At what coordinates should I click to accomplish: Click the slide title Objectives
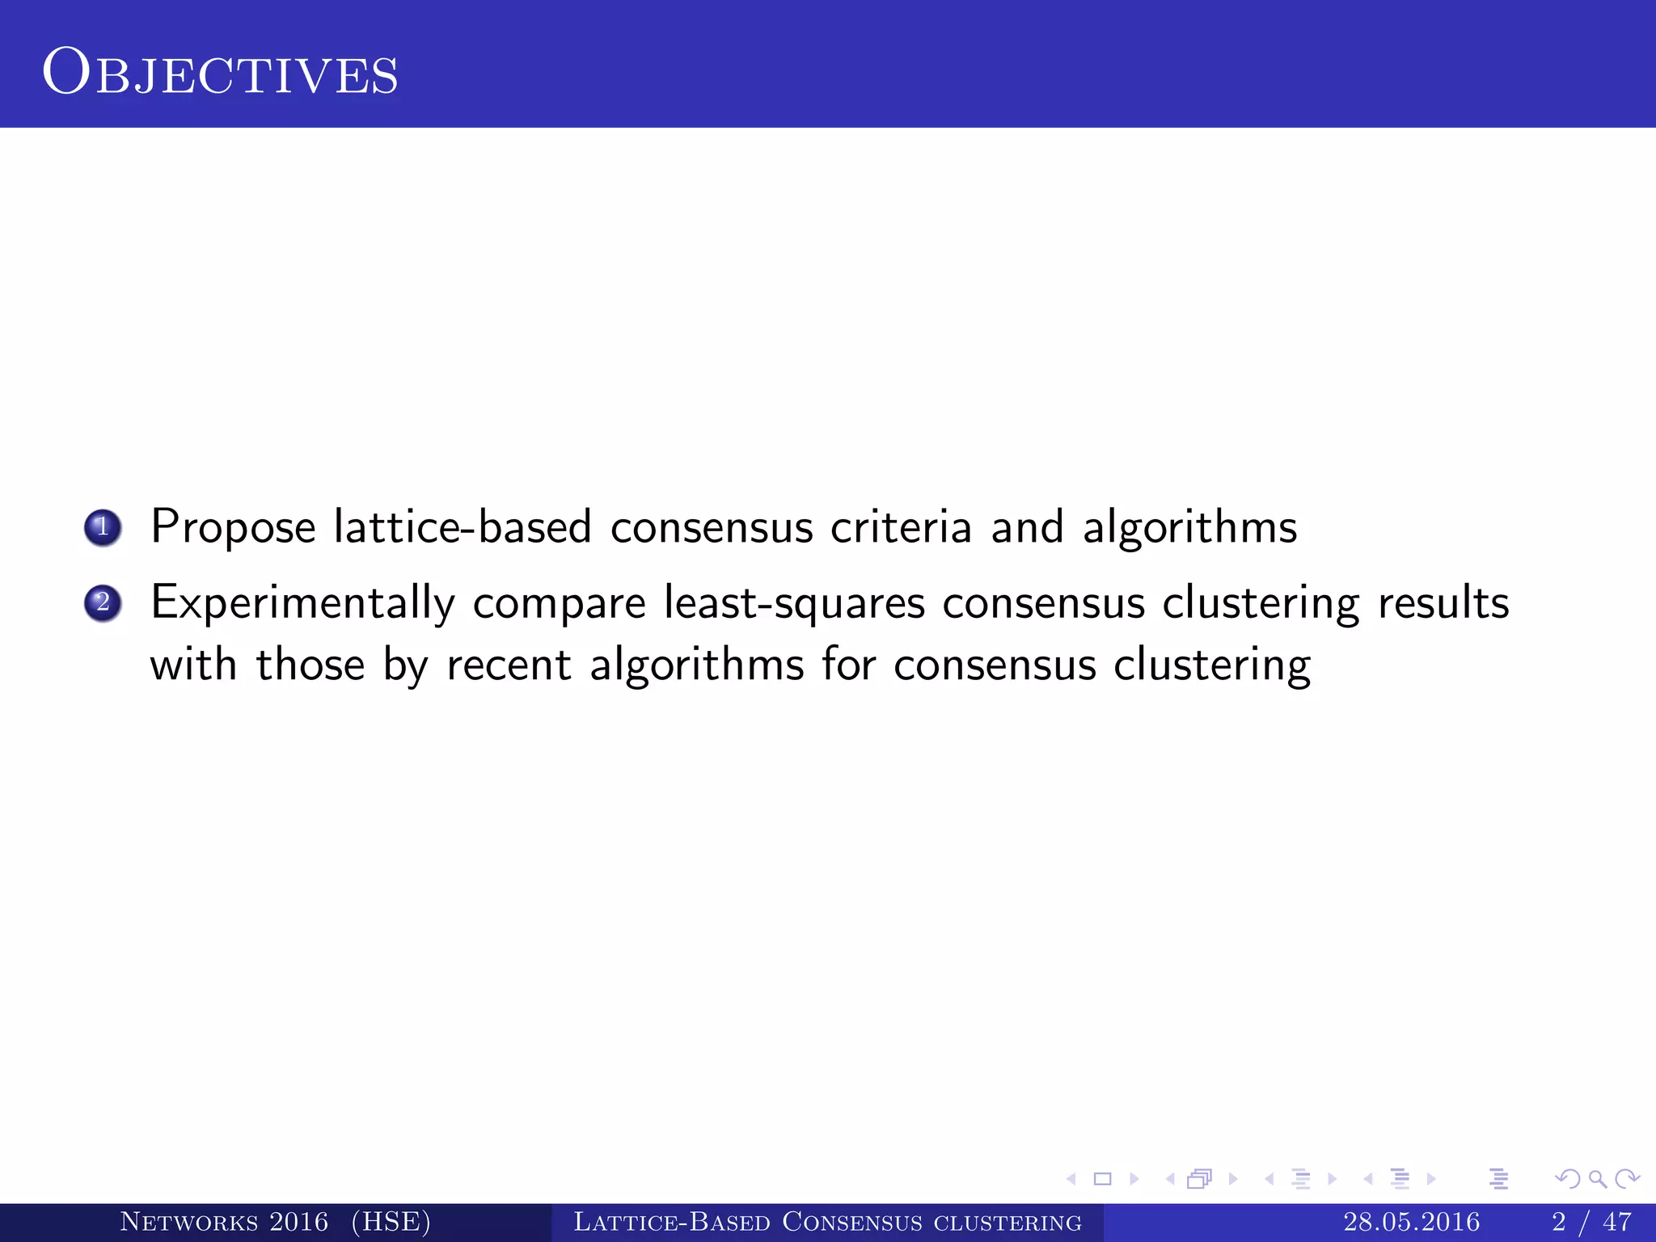click(220, 73)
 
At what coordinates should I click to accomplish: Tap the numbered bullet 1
click(103, 528)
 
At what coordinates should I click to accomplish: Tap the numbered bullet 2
click(103, 603)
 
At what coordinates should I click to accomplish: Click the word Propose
click(233, 528)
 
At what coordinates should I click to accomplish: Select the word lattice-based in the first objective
click(463, 526)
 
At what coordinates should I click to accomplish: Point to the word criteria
click(901, 526)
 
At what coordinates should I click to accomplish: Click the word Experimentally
click(303, 604)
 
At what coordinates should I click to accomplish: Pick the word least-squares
click(794, 604)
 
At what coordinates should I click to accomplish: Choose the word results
click(1443, 602)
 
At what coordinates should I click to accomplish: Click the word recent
click(509, 665)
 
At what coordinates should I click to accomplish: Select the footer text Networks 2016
click(224, 1222)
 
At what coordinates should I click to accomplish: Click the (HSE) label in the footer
click(391, 1222)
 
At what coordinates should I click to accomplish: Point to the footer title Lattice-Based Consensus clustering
click(827, 1222)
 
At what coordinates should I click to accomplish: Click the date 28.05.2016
click(1412, 1222)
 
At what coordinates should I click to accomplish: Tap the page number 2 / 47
click(1591, 1222)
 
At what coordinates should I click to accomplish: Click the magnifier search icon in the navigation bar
click(1597, 1179)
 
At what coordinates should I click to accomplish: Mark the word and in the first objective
click(1027, 526)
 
